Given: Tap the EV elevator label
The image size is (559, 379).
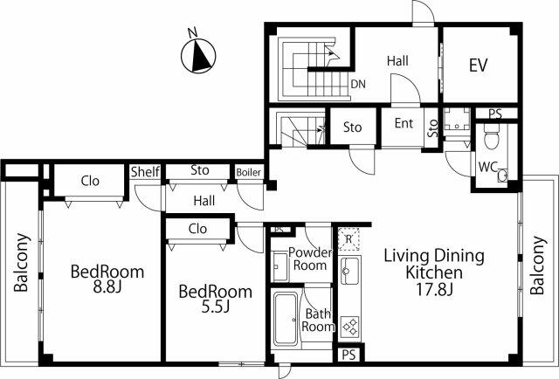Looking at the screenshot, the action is tap(478, 65).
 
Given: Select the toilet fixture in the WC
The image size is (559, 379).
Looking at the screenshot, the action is tap(492, 136).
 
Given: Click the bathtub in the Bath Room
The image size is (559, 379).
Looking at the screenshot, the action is tap(286, 319).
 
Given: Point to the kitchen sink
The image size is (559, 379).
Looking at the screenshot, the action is tap(349, 270).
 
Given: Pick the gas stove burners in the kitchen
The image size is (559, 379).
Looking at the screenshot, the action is tap(349, 327).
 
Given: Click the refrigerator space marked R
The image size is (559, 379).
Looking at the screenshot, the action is tap(349, 239).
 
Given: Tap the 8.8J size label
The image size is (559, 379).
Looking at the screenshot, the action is tap(107, 287).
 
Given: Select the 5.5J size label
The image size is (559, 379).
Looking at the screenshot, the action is tap(216, 307).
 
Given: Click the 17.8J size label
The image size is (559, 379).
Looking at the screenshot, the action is tap(435, 289).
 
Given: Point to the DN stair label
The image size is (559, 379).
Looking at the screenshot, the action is tap(358, 84).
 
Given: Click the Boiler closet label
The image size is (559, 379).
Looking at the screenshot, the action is tap(248, 173).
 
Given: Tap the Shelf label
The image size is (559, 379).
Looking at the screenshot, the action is tap(145, 172).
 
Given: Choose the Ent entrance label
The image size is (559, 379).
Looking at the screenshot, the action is tap(404, 123).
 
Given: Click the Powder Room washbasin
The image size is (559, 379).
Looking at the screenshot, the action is tap(279, 266).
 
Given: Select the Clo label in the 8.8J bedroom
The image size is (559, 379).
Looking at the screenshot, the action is tap(90, 181).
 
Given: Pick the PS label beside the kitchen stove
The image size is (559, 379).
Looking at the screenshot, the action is tap(349, 355).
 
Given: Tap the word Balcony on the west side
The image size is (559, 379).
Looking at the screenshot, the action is tap(21, 262).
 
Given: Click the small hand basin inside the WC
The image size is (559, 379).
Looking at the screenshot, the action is tap(503, 176).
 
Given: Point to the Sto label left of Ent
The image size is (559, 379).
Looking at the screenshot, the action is tap(352, 127).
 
